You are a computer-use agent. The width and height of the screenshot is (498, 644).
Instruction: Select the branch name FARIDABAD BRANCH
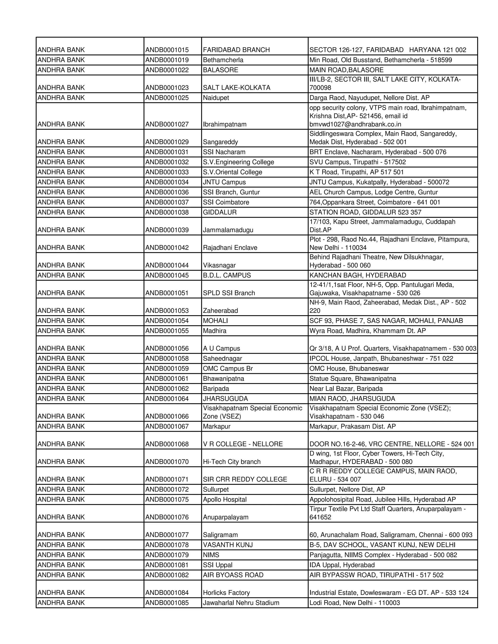236,50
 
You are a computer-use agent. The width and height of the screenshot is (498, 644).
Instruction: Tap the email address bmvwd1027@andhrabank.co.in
355,124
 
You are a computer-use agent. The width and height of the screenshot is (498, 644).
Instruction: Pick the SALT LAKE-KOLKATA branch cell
237,87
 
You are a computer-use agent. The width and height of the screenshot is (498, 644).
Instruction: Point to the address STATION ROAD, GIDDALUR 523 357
365,212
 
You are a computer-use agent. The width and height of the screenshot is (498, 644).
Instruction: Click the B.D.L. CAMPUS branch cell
227,275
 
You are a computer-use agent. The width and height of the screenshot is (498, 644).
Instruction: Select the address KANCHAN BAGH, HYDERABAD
357,275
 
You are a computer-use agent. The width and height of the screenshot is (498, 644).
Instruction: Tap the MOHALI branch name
215,321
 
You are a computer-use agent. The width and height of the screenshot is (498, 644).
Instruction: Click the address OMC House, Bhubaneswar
349,369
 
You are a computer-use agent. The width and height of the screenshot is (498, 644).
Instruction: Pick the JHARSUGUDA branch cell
225,399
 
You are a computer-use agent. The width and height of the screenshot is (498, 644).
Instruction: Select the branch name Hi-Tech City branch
231,462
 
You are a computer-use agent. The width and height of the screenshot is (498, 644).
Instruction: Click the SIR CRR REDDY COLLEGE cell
245,479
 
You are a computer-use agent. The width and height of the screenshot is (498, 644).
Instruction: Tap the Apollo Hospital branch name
225,499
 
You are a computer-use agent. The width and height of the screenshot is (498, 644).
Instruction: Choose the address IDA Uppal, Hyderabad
342,565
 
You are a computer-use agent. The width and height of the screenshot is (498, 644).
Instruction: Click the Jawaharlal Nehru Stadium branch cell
241,603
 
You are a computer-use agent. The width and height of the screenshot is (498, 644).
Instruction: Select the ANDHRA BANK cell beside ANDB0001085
61,603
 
